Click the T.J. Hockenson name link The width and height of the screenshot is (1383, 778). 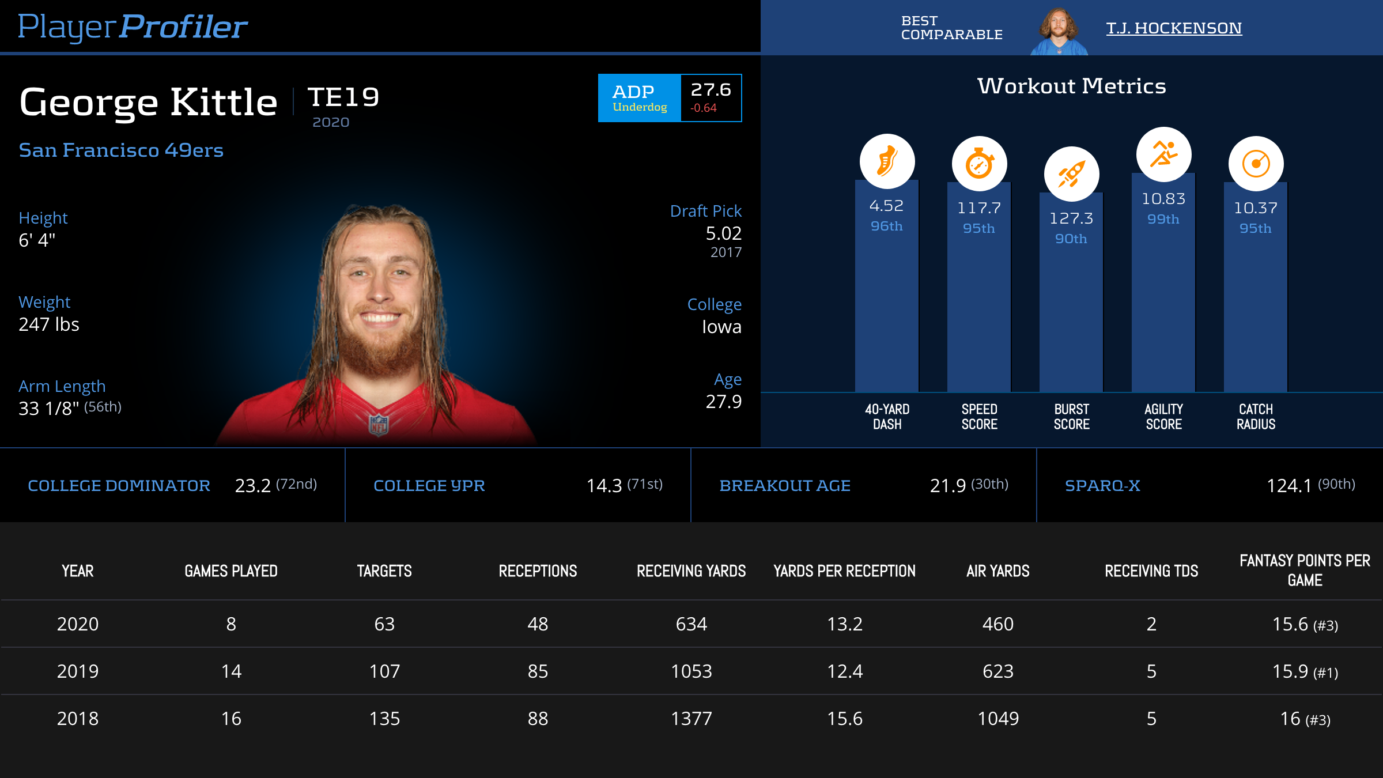pyautogui.click(x=1174, y=28)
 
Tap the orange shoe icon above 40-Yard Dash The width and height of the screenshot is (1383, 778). pyautogui.click(x=887, y=161)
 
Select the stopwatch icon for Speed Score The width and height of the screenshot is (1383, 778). pyautogui.click(x=979, y=164)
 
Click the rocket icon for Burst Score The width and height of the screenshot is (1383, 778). pyautogui.click(x=1071, y=174)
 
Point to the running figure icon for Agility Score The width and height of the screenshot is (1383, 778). pyautogui.click(x=1163, y=154)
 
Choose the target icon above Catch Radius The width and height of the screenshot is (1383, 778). pyautogui.click(x=1256, y=164)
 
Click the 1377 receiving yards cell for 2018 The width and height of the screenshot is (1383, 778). pyautogui.click(x=691, y=719)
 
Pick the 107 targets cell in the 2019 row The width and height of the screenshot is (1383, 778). pyautogui.click(x=384, y=671)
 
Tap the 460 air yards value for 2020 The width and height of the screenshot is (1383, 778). pyautogui.click(x=997, y=624)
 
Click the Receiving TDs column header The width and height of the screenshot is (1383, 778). pyautogui.click(x=1151, y=571)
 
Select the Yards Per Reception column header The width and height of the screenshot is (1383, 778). pyautogui.click(x=844, y=571)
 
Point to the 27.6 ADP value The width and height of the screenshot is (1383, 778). pyautogui.click(x=711, y=90)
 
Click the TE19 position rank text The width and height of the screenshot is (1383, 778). pyautogui.click(x=343, y=97)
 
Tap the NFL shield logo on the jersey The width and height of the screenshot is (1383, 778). pyautogui.click(x=379, y=425)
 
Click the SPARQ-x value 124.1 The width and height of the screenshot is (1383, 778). pyautogui.click(x=1288, y=486)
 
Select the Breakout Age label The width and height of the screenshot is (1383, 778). pyautogui.click(x=785, y=486)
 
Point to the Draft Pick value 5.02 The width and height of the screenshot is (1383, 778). pyautogui.click(x=723, y=233)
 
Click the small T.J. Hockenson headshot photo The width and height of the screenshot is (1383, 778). pyautogui.click(x=1059, y=32)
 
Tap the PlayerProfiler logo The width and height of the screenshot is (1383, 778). pyautogui.click(x=133, y=27)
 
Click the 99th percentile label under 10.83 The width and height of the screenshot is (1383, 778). pyautogui.click(x=1163, y=220)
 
